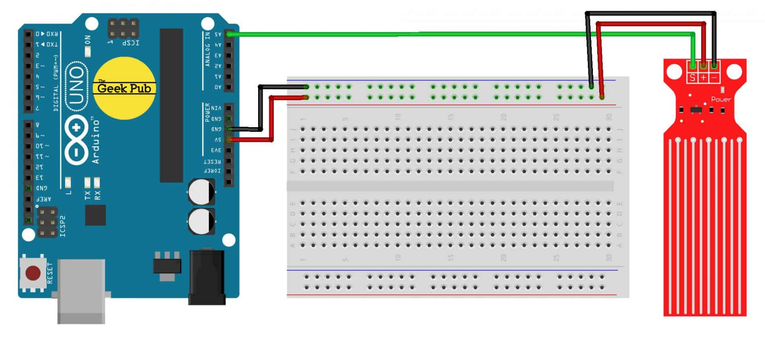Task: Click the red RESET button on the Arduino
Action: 33,273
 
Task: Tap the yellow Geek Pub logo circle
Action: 124,88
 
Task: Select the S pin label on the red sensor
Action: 692,78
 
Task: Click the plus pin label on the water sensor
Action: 704,78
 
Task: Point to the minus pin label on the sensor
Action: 714,78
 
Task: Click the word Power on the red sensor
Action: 721,99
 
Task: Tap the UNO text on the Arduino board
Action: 76,87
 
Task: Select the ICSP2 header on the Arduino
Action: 47,222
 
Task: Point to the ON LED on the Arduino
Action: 88,51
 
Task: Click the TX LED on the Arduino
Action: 87,183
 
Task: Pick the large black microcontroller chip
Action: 171,105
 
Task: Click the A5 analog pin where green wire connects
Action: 229,34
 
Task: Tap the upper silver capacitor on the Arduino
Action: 202,192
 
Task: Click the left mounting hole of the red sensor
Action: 674,72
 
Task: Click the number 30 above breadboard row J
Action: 608,117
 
